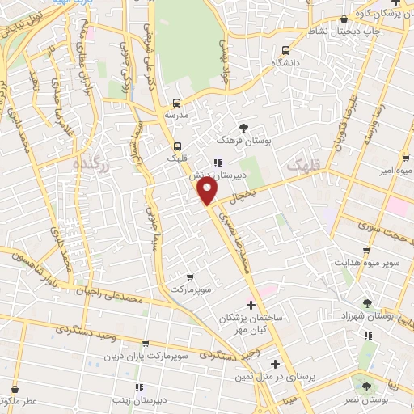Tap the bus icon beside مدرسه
point(176,103)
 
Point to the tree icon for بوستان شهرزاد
point(368,303)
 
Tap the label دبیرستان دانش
point(205,174)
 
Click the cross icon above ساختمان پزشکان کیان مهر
point(251,305)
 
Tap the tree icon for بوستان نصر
point(368,387)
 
